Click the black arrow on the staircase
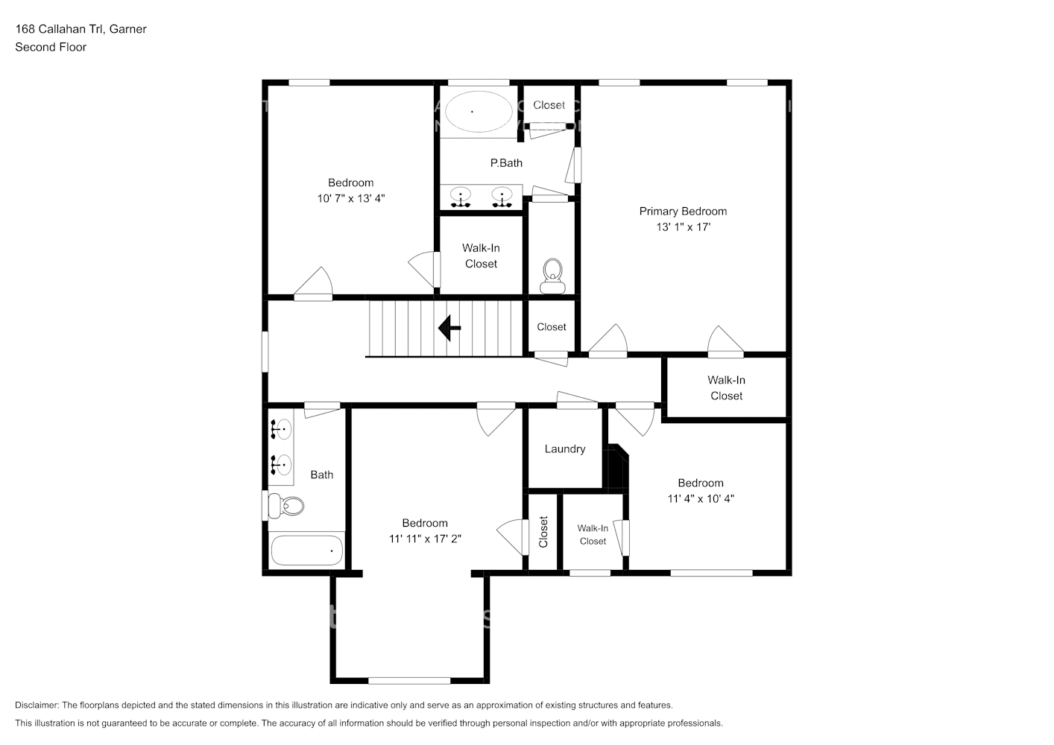pyautogui.click(x=449, y=328)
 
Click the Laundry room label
pyautogui.click(x=564, y=449)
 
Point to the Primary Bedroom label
pyautogui.click(x=683, y=212)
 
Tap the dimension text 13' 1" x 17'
pyautogui.click(x=683, y=227)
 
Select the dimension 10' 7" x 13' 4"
pyautogui.click(x=350, y=199)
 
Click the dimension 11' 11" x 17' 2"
pyautogui.click(x=425, y=539)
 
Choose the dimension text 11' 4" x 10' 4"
pyautogui.click(x=700, y=499)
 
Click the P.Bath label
pyautogui.click(x=506, y=163)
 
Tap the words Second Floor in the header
pyautogui.click(x=51, y=47)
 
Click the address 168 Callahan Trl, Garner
pyautogui.click(x=81, y=29)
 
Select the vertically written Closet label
pyautogui.click(x=543, y=532)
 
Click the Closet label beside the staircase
pyautogui.click(x=552, y=327)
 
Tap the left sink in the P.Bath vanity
pyautogui.click(x=461, y=197)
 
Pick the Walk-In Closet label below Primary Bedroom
pyautogui.click(x=726, y=388)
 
